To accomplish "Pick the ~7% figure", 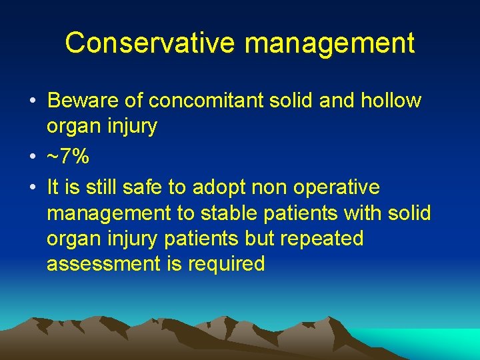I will tap(68, 157).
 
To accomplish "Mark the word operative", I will tap(337, 188).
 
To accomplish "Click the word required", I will tap(226, 264).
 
